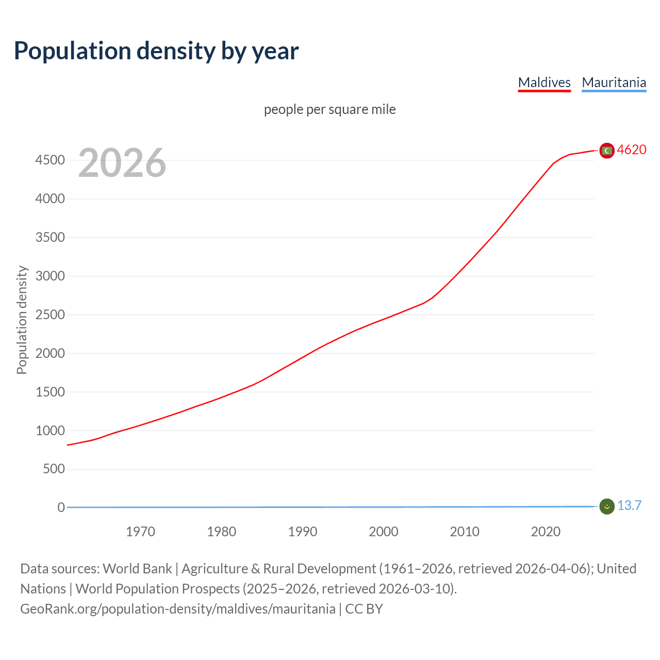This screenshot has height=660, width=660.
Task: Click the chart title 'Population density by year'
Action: pyautogui.click(x=156, y=51)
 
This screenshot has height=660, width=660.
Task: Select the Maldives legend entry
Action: pyautogui.click(x=544, y=82)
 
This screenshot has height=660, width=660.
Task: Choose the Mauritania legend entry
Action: pyautogui.click(x=614, y=82)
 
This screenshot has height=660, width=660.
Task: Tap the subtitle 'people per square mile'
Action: pyautogui.click(x=329, y=109)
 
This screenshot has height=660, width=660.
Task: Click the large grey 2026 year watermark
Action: pyautogui.click(x=122, y=163)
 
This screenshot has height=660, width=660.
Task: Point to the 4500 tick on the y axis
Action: pyautogui.click(x=50, y=160)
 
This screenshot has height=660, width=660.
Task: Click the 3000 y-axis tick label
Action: pyautogui.click(x=50, y=276)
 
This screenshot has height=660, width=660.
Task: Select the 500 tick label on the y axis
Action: pyautogui.click(x=54, y=469)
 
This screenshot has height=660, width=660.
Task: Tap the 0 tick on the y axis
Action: pyautogui.click(x=61, y=508)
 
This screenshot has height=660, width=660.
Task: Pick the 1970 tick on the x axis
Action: pyautogui.click(x=140, y=532)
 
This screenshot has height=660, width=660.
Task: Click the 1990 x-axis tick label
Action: pyautogui.click(x=303, y=532)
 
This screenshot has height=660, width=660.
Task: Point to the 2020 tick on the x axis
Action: pyautogui.click(x=546, y=532)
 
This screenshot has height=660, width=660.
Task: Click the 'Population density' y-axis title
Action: pyautogui.click(x=22, y=320)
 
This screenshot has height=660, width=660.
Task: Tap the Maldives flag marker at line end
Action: pyautogui.click(x=607, y=151)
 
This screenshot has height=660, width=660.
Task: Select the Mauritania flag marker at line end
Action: pyautogui.click(x=607, y=506)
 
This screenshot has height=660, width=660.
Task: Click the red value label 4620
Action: pyautogui.click(x=632, y=150)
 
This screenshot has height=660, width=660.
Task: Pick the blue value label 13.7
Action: pyautogui.click(x=629, y=506)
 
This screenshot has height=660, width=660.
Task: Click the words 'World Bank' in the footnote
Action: pyautogui.click(x=137, y=569)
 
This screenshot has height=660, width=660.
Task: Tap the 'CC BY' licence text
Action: pyautogui.click(x=364, y=609)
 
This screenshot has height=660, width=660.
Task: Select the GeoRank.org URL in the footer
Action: pyautogui.click(x=178, y=609)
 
